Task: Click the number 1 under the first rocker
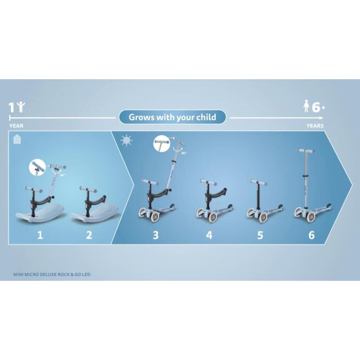click(40, 235)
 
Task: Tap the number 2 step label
click(89, 235)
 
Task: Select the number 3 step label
click(156, 235)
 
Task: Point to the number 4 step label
click(209, 235)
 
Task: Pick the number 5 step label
click(260, 235)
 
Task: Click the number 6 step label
click(311, 235)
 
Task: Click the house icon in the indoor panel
click(17, 139)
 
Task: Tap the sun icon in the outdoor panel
click(126, 140)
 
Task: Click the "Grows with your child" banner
click(172, 117)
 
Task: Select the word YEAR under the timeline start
click(16, 126)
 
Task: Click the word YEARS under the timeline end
click(315, 126)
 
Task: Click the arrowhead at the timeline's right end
click(322, 118)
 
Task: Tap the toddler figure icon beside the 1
click(21, 107)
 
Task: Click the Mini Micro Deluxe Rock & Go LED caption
click(52, 274)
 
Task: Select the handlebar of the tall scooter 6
click(306, 151)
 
